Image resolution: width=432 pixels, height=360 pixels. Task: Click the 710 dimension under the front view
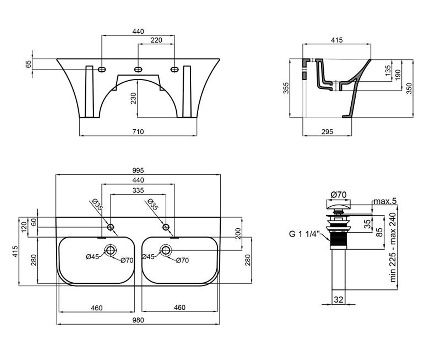[x=138, y=132]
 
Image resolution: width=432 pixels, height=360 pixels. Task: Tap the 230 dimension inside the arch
[x=134, y=98]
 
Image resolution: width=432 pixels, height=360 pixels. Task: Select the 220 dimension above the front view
[x=156, y=40]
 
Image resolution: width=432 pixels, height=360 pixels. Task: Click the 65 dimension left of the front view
[x=28, y=64]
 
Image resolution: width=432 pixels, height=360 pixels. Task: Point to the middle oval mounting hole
[x=138, y=69]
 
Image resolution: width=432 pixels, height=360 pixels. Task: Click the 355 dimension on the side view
[x=286, y=88]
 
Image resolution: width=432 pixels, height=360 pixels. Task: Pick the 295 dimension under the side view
[x=327, y=132]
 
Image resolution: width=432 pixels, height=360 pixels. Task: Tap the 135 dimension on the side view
[x=388, y=70]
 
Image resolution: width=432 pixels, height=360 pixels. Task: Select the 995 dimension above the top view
[x=138, y=171]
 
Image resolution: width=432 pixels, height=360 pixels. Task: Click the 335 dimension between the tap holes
[x=138, y=190]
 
